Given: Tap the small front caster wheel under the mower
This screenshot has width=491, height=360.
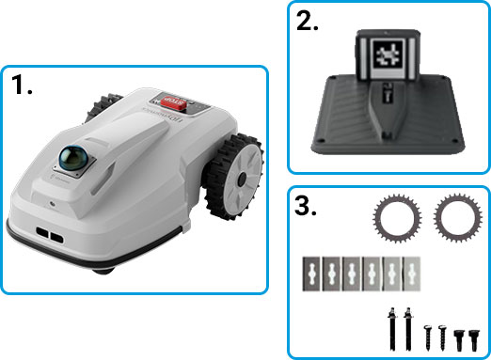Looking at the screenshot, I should (x=103, y=268).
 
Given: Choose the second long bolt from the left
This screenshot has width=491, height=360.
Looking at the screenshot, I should (x=408, y=329).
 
